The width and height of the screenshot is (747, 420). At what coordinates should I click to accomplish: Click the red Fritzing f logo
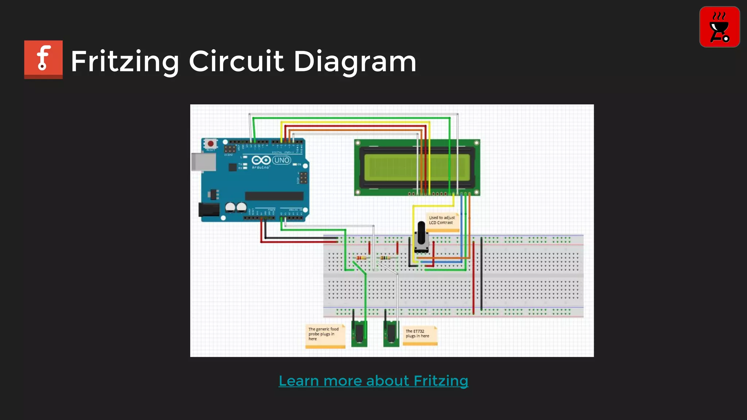point(43,59)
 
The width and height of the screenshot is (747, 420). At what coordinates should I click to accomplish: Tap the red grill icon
point(719,27)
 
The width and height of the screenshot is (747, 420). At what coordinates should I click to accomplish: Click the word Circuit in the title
point(236,61)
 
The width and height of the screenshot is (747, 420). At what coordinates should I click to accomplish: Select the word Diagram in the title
point(355,61)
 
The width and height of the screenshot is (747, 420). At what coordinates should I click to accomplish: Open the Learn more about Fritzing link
point(373,381)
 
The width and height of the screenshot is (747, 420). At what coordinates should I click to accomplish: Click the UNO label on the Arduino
point(282,160)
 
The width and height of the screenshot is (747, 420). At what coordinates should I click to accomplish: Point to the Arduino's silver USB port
point(204,162)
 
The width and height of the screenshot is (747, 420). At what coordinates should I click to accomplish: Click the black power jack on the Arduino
point(209,210)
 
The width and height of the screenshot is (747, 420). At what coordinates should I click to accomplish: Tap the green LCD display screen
point(417,167)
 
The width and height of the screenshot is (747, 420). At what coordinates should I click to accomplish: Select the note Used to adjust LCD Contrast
point(442,222)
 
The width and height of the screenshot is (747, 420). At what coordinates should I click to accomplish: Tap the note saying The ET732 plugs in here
point(419,335)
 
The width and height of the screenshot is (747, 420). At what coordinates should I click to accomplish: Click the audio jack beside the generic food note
point(359,333)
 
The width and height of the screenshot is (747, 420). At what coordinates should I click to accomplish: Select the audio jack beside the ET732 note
point(391,333)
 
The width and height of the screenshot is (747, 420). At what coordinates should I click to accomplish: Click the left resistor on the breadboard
point(361,258)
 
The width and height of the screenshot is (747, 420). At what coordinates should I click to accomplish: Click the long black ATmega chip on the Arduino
point(274,196)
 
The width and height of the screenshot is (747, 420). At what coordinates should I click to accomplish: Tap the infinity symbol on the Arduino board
point(261,160)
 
